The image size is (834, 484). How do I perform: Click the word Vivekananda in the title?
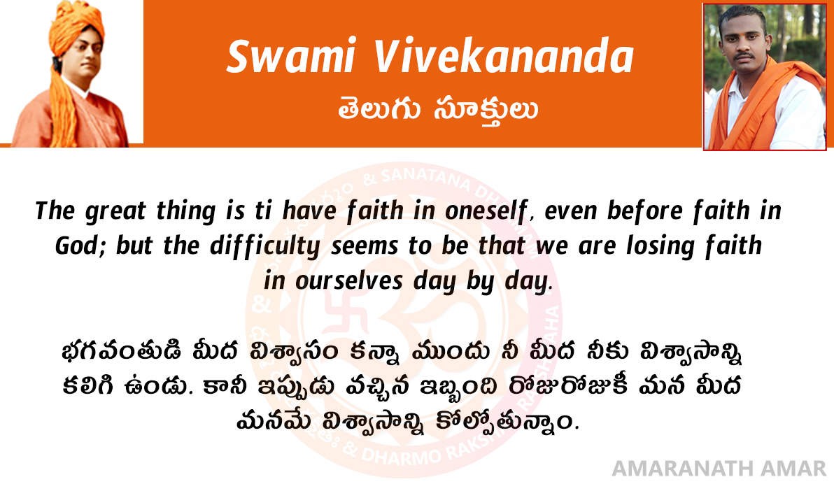point(503,56)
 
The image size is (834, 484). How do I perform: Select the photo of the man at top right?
point(765,77)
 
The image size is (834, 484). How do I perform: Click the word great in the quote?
point(115,212)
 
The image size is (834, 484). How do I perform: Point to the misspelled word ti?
point(263,211)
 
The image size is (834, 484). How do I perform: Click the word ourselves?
point(348,281)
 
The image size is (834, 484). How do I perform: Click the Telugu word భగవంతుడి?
point(121,352)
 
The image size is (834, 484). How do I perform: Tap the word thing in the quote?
point(185,212)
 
